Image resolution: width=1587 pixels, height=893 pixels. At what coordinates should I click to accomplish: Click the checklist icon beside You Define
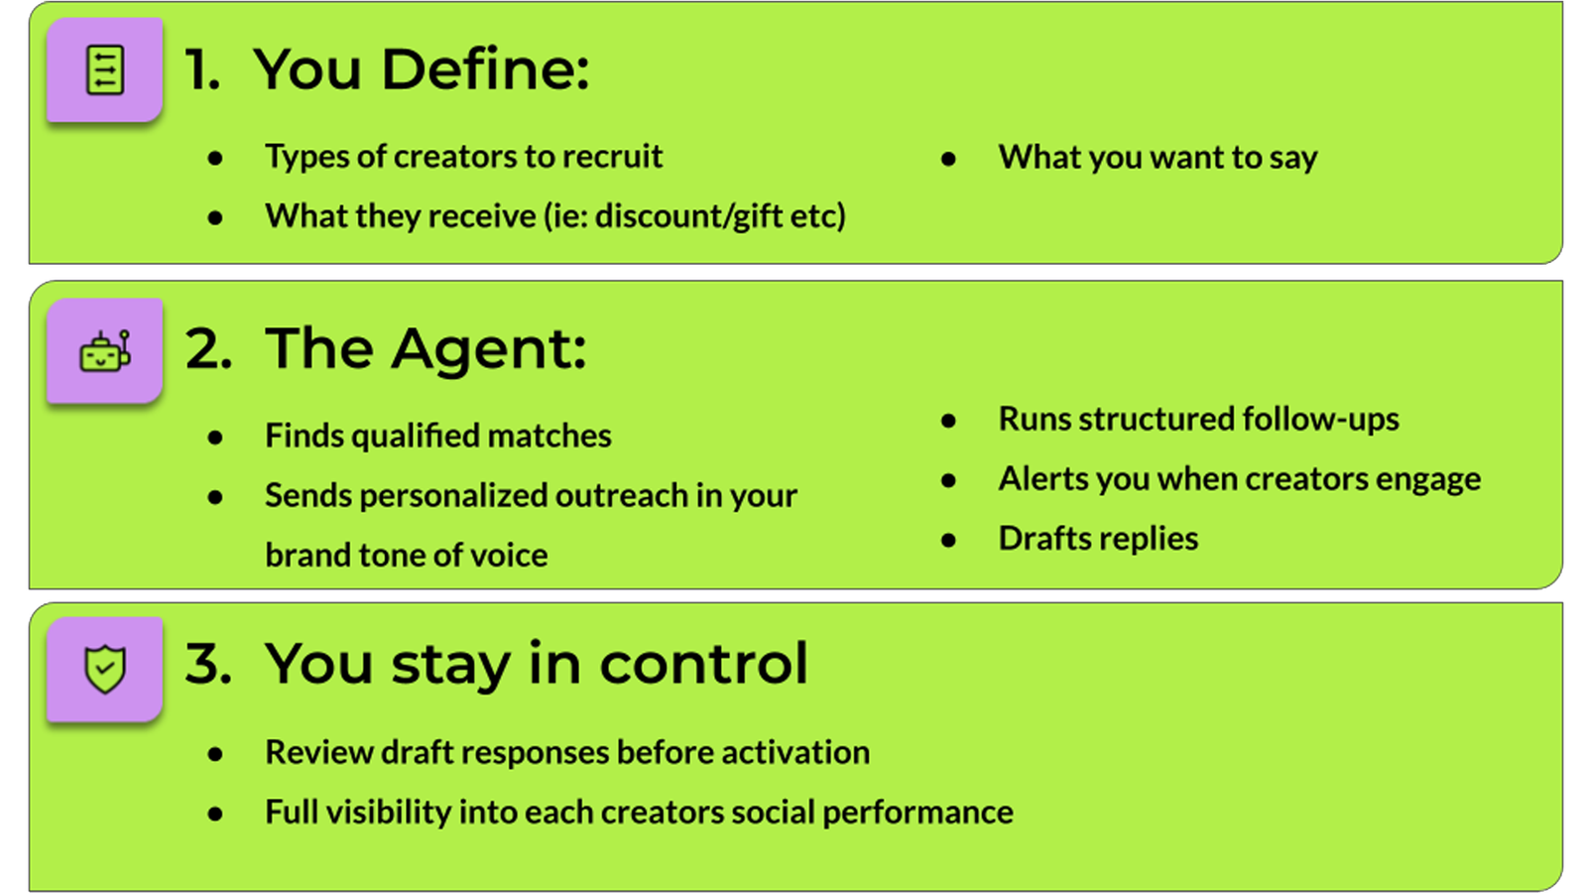click(x=105, y=70)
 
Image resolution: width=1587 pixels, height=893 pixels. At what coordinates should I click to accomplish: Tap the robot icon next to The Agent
click(x=105, y=351)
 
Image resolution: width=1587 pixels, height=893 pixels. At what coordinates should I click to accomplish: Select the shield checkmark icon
click(x=105, y=669)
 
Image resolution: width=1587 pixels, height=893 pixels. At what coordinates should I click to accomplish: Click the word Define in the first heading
click(x=485, y=69)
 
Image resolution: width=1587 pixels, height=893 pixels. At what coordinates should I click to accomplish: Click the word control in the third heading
click(x=703, y=664)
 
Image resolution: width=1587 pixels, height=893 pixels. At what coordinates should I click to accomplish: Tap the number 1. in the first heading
click(x=202, y=69)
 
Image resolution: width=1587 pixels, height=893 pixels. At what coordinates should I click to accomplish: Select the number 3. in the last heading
click(x=208, y=664)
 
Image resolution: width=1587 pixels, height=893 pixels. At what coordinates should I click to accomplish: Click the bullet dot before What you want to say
click(x=948, y=159)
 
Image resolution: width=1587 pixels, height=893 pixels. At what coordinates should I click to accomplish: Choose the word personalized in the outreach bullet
click(x=452, y=495)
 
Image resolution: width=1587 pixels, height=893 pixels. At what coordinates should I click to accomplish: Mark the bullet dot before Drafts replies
click(x=948, y=540)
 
